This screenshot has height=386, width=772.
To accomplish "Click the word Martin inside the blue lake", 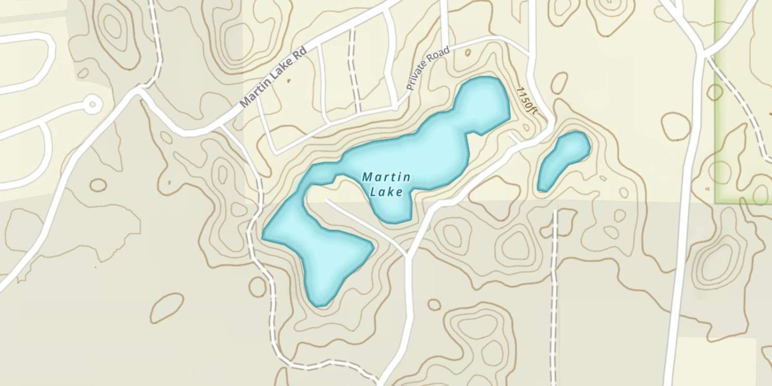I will tap(387, 178).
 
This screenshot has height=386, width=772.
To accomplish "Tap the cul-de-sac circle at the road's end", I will tap(93, 104).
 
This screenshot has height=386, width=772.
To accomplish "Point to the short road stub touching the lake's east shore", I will tap(515, 138).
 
